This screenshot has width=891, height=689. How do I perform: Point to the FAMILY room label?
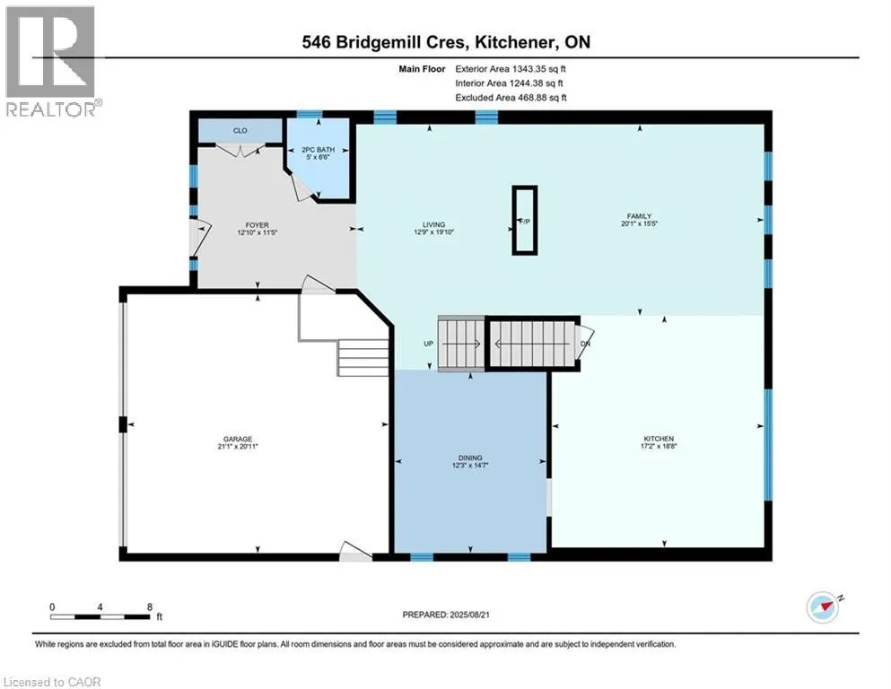pyautogui.click(x=639, y=216)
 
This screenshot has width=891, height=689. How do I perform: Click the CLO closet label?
pyautogui.click(x=240, y=131)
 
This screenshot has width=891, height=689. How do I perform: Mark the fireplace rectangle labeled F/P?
pyautogui.click(x=524, y=220)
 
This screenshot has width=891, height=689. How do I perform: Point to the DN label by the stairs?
pyautogui.click(x=585, y=344)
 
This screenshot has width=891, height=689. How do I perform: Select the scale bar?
pyautogui.click(x=100, y=615)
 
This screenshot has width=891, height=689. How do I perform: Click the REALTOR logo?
pyautogui.click(x=51, y=61)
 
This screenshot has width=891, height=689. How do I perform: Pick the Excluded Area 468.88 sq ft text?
pyautogui.click(x=512, y=98)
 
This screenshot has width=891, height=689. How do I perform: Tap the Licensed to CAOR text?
pyautogui.click(x=51, y=682)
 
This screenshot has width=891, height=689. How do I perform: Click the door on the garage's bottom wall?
pyautogui.click(x=356, y=554)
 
